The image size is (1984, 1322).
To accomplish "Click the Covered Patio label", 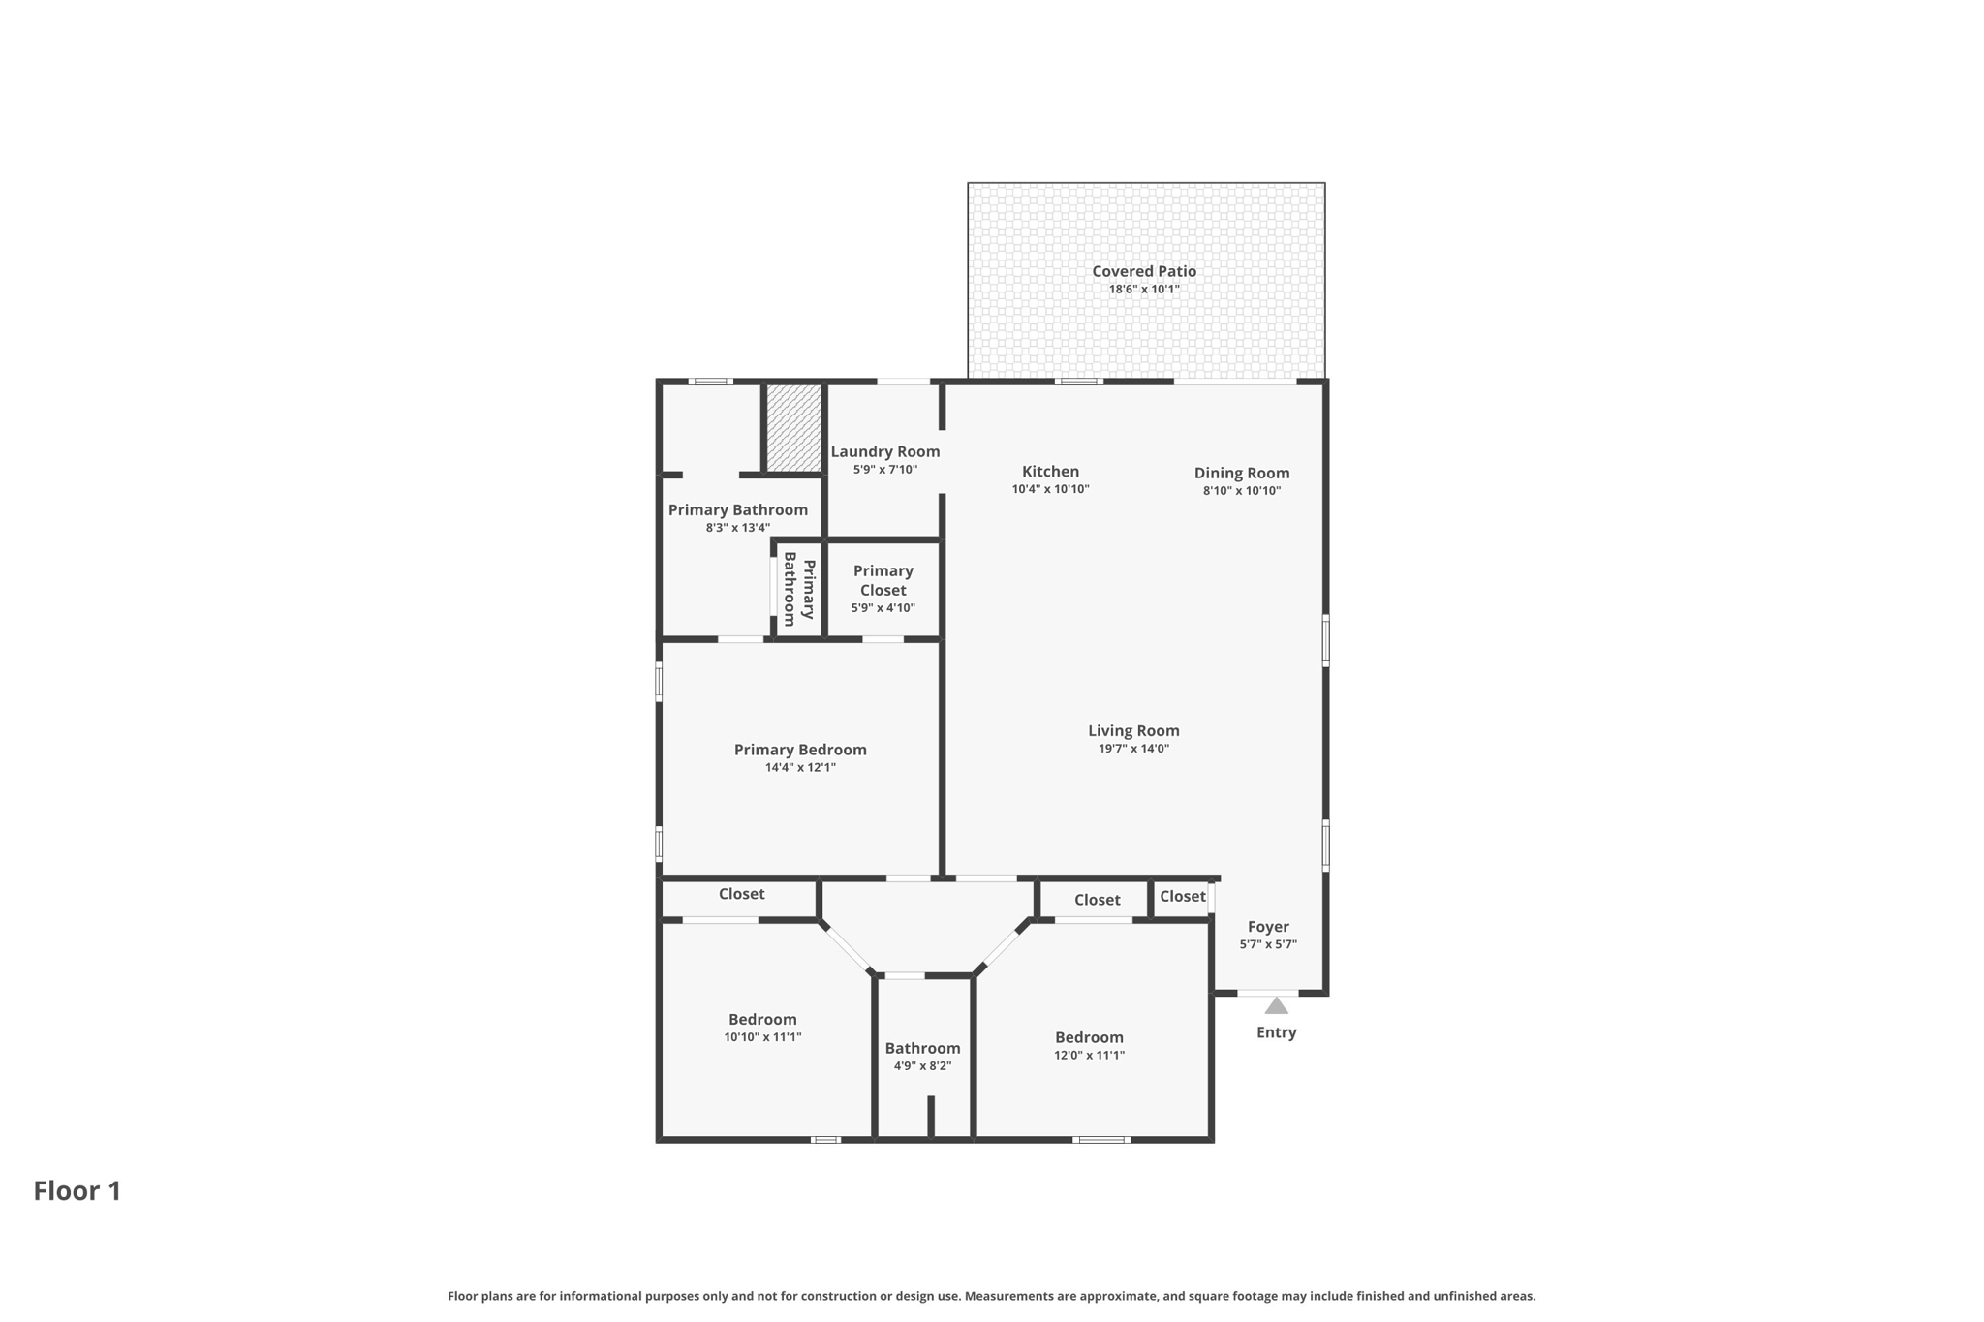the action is (x=1144, y=271).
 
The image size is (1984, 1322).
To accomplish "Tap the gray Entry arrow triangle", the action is (x=1277, y=1006).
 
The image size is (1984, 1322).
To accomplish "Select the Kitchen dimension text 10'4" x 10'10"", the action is (x=1050, y=489).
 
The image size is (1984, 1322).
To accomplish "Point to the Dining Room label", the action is (x=1242, y=473).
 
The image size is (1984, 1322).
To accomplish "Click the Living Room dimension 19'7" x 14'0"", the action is (x=1133, y=748).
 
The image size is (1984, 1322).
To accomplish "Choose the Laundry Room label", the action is (x=885, y=451).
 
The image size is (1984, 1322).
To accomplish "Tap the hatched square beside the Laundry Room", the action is (x=794, y=428).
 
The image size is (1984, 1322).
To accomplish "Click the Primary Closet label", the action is (x=883, y=580).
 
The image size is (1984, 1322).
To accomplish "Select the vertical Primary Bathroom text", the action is (x=799, y=589).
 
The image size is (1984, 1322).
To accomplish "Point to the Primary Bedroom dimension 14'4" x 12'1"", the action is (x=800, y=767).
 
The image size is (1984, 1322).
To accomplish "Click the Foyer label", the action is (x=1268, y=927).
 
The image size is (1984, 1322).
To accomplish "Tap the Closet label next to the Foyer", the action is (x=1183, y=897).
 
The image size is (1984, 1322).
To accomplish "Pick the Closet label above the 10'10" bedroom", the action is (x=742, y=894).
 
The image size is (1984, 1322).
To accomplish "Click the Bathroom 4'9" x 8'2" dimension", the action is (x=922, y=1065).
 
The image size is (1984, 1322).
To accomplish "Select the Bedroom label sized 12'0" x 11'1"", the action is (x=1090, y=1037).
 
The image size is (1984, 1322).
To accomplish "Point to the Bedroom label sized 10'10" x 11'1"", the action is (x=762, y=1019).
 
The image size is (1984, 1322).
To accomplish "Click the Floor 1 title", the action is (x=77, y=1190).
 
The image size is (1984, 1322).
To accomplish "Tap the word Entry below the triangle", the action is (x=1277, y=1032).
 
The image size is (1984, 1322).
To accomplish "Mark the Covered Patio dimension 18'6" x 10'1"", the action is (x=1144, y=289).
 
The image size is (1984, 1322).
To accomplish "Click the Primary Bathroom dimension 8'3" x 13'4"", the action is (x=738, y=528).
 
